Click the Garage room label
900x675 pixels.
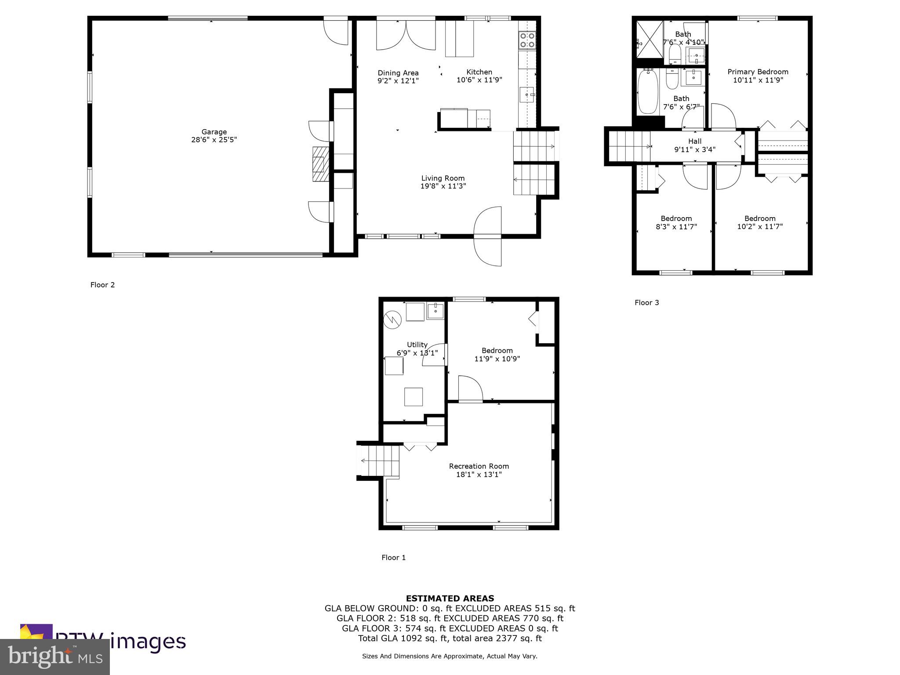coord(214,132)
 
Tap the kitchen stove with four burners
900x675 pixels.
coord(527,40)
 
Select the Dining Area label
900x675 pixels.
coord(398,73)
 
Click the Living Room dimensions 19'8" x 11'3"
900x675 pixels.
coord(443,186)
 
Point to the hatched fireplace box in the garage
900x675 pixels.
coord(320,164)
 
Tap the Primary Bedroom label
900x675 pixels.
coord(758,72)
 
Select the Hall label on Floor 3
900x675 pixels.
coord(695,141)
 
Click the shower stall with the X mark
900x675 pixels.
coord(649,40)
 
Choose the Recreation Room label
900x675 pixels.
coord(479,466)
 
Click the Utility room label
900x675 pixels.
coord(417,345)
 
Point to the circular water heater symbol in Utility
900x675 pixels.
coord(392,320)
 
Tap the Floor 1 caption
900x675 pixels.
coord(393,558)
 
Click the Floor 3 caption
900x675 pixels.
coord(646,303)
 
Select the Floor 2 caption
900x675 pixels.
coord(102,285)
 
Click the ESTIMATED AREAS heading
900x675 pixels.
coord(450,599)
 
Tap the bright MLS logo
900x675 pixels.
coord(55,657)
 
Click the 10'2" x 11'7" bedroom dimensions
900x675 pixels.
coord(760,227)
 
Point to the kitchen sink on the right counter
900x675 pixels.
coord(526,94)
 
